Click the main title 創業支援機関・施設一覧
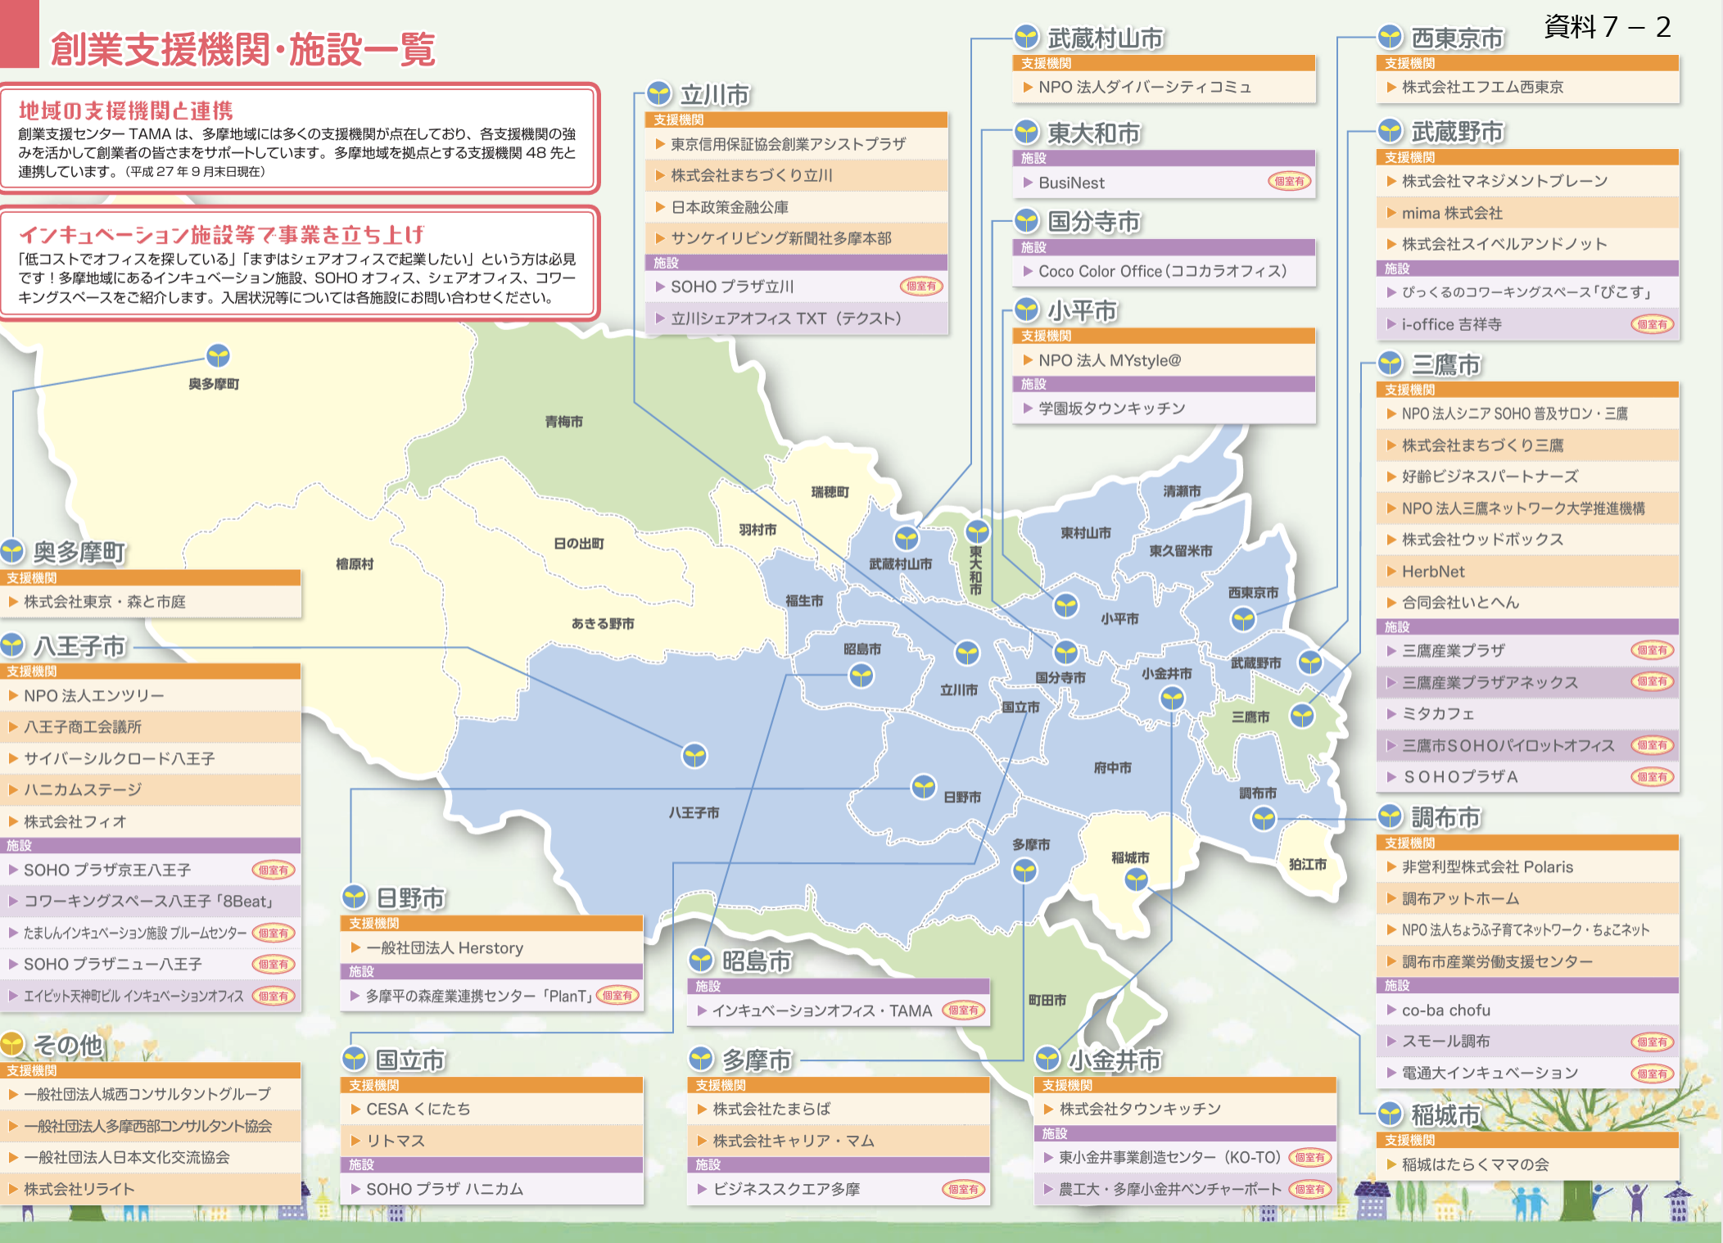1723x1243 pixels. pos(242,50)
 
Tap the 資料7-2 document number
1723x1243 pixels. pos(1606,27)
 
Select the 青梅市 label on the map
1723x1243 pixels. pos(564,422)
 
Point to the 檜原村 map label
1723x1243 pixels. pos(355,564)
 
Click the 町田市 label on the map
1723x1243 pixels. pos(1047,1000)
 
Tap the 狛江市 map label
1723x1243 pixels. pos(1307,864)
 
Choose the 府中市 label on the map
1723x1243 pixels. pos(1112,767)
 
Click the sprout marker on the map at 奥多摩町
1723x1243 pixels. pos(218,356)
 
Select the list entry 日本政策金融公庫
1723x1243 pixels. pos(730,207)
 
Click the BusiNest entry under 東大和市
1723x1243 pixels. pos(1071,183)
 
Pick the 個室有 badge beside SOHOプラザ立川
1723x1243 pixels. pos(921,287)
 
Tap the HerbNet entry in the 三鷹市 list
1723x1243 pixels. pos(1433,572)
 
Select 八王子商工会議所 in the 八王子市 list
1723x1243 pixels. pos(83,726)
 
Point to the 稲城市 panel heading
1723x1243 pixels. pos(1445,1114)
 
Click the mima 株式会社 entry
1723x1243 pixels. pos(1451,213)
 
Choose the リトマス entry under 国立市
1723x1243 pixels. pos(396,1141)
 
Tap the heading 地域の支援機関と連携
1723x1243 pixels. pos(126,111)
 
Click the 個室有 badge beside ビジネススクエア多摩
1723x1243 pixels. pos(963,1189)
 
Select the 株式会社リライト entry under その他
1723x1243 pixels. pos(79,1189)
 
